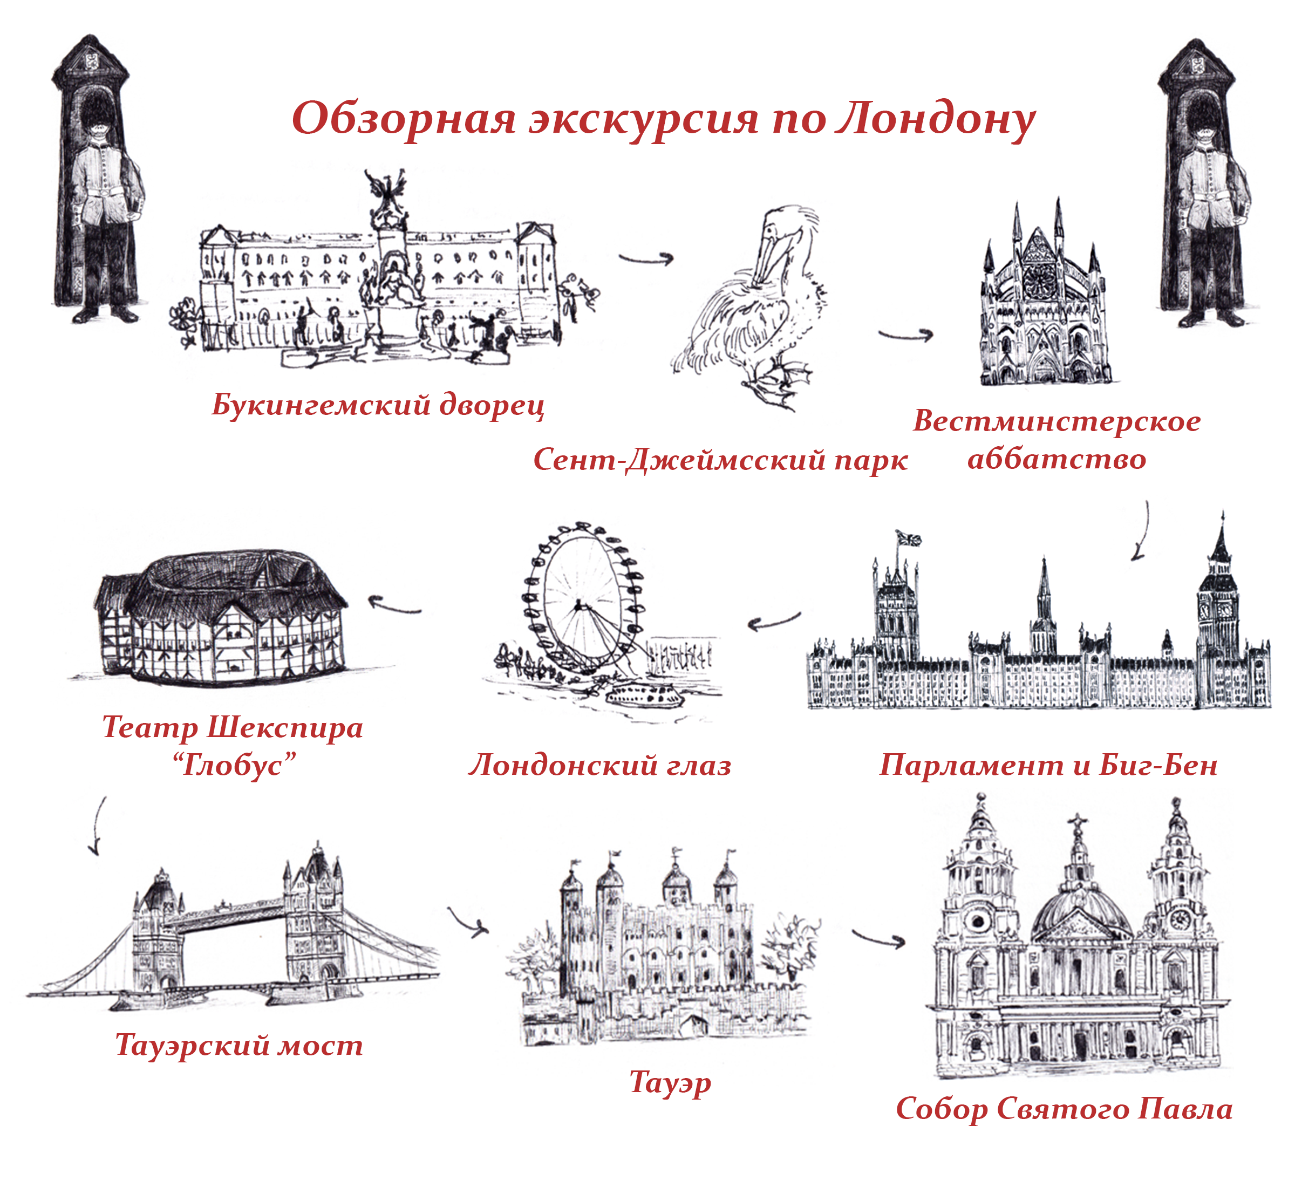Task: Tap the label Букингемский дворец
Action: tap(378, 405)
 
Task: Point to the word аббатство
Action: tap(1057, 459)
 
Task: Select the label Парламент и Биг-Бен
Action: tap(1048, 765)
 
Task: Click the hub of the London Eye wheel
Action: tap(578, 604)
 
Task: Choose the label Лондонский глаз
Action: tap(600, 765)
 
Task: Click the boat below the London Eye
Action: tap(644, 695)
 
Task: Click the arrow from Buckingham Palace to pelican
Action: tap(646, 259)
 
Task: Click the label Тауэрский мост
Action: tap(239, 1045)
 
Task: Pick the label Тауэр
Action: tap(670, 1082)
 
